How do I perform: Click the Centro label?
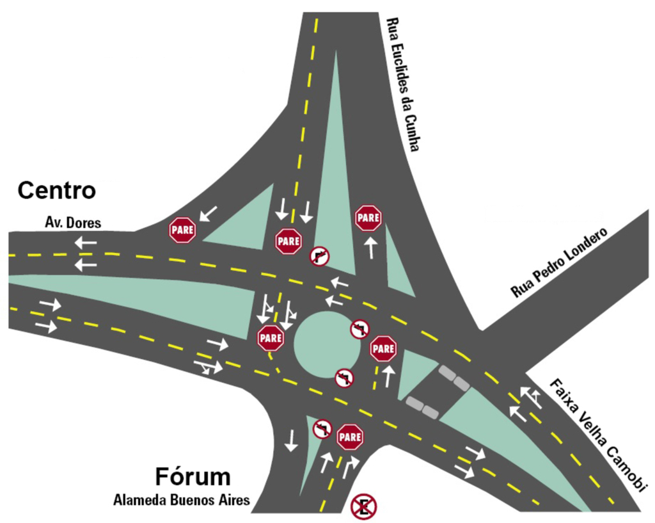57,191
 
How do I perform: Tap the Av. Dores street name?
73,223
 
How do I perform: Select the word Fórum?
193,476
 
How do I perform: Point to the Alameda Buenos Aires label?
182,500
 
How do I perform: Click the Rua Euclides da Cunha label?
403,84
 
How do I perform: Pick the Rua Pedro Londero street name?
560,262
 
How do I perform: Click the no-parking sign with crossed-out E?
364,507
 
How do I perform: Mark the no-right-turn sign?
320,256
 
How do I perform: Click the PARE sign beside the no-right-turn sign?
288,241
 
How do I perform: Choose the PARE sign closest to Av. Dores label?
182,230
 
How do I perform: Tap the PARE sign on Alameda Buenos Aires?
350,437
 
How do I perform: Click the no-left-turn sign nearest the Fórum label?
322,429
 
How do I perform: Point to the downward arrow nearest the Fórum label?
291,440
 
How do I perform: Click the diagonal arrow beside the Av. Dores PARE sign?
209,213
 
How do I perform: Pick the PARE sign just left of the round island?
271,338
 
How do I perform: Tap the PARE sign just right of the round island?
383,349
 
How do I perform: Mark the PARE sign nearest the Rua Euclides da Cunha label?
368,218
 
